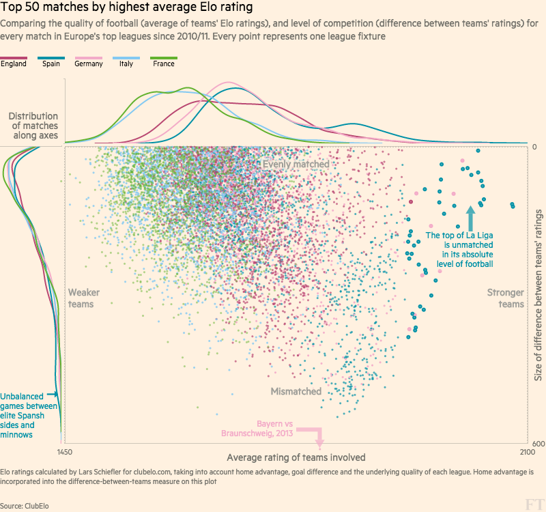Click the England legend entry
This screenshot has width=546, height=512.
tap(14, 63)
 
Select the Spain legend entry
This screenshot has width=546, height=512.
tap(51, 63)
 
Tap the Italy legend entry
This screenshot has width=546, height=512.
tap(126, 63)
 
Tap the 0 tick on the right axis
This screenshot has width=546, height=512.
tap(535, 147)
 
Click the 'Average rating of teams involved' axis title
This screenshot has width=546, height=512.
tap(296, 457)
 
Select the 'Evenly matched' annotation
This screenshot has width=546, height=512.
tap(296, 165)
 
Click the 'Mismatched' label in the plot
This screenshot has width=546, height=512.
tap(296, 391)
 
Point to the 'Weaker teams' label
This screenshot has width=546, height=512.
tap(84, 298)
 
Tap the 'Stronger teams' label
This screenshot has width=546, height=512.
tap(506, 298)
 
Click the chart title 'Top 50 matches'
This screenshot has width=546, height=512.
tap(126, 9)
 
